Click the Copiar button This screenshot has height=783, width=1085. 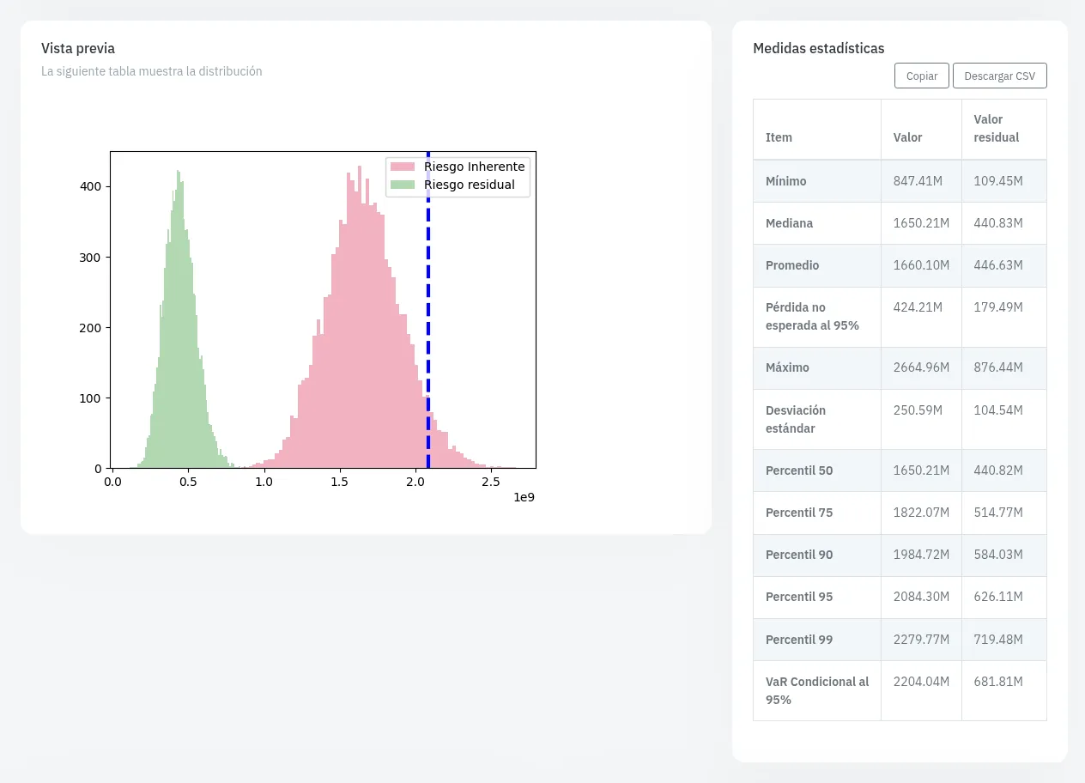tap(921, 76)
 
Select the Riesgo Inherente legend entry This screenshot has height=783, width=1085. tap(458, 167)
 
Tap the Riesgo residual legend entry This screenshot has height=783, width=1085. tap(452, 185)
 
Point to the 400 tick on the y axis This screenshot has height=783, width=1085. tap(108, 186)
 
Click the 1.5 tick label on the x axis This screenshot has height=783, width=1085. tap(340, 482)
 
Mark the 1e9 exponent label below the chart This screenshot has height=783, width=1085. tap(524, 497)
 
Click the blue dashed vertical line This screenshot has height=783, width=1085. tap(428, 310)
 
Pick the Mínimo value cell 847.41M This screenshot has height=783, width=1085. tap(918, 181)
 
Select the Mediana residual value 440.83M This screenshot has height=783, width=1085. tap(998, 223)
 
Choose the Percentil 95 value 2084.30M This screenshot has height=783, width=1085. tap(921, 597)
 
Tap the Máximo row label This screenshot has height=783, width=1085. tap(787, 367)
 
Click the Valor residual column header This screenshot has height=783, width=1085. tap(996, 129)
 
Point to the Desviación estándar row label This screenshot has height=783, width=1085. tap(796, 420)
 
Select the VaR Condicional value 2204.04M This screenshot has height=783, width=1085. tap(921, 682)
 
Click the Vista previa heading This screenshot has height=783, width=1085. tap(78, 48)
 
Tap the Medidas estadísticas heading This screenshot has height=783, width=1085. tap(819, 48)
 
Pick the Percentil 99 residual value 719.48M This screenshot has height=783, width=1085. tap(998, 640)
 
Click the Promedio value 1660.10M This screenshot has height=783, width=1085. tap(921, 265)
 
